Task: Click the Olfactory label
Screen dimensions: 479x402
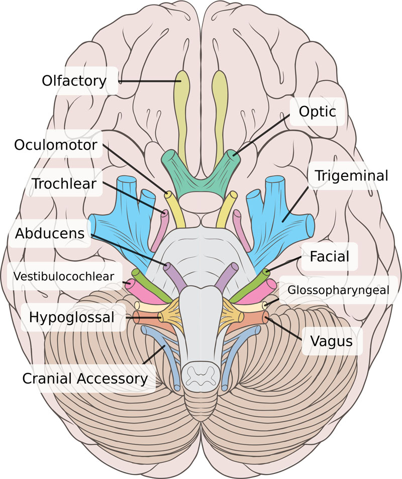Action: click(x=74, y=80)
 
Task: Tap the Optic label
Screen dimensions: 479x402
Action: click(x=317, y=111)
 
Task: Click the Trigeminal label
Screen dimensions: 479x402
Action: click(x=351, y=176)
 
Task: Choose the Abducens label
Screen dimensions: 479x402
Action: click(x=50, y=233)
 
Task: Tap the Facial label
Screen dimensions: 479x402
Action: click(x=329, y=256)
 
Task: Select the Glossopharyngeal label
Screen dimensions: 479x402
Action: click(x=338, y=290)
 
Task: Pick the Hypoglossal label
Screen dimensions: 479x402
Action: click(x=71, y=317)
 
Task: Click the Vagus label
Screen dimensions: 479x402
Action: click(x=330, y=341)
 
